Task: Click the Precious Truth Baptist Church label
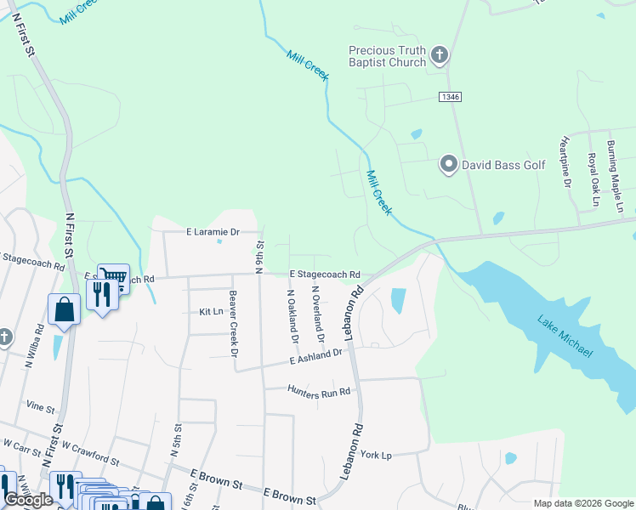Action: coord(387,57)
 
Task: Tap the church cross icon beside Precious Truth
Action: coord(439,57)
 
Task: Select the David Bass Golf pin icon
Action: coord(448,164)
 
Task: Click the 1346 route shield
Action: coord(451,98)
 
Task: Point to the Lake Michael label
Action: coord(565,336)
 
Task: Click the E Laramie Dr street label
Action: coord(213,231)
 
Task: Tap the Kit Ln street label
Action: coord(210,312)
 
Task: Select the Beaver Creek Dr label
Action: coord(233,323)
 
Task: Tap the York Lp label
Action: coord(375,455)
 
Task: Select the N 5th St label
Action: coord(175,441)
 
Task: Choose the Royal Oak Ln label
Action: coord(592,179)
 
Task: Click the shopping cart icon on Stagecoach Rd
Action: coord(113,275)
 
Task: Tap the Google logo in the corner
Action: coord(28,500)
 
